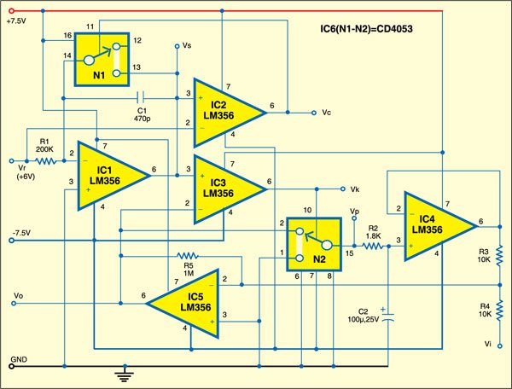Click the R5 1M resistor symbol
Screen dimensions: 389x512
(188, 254)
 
